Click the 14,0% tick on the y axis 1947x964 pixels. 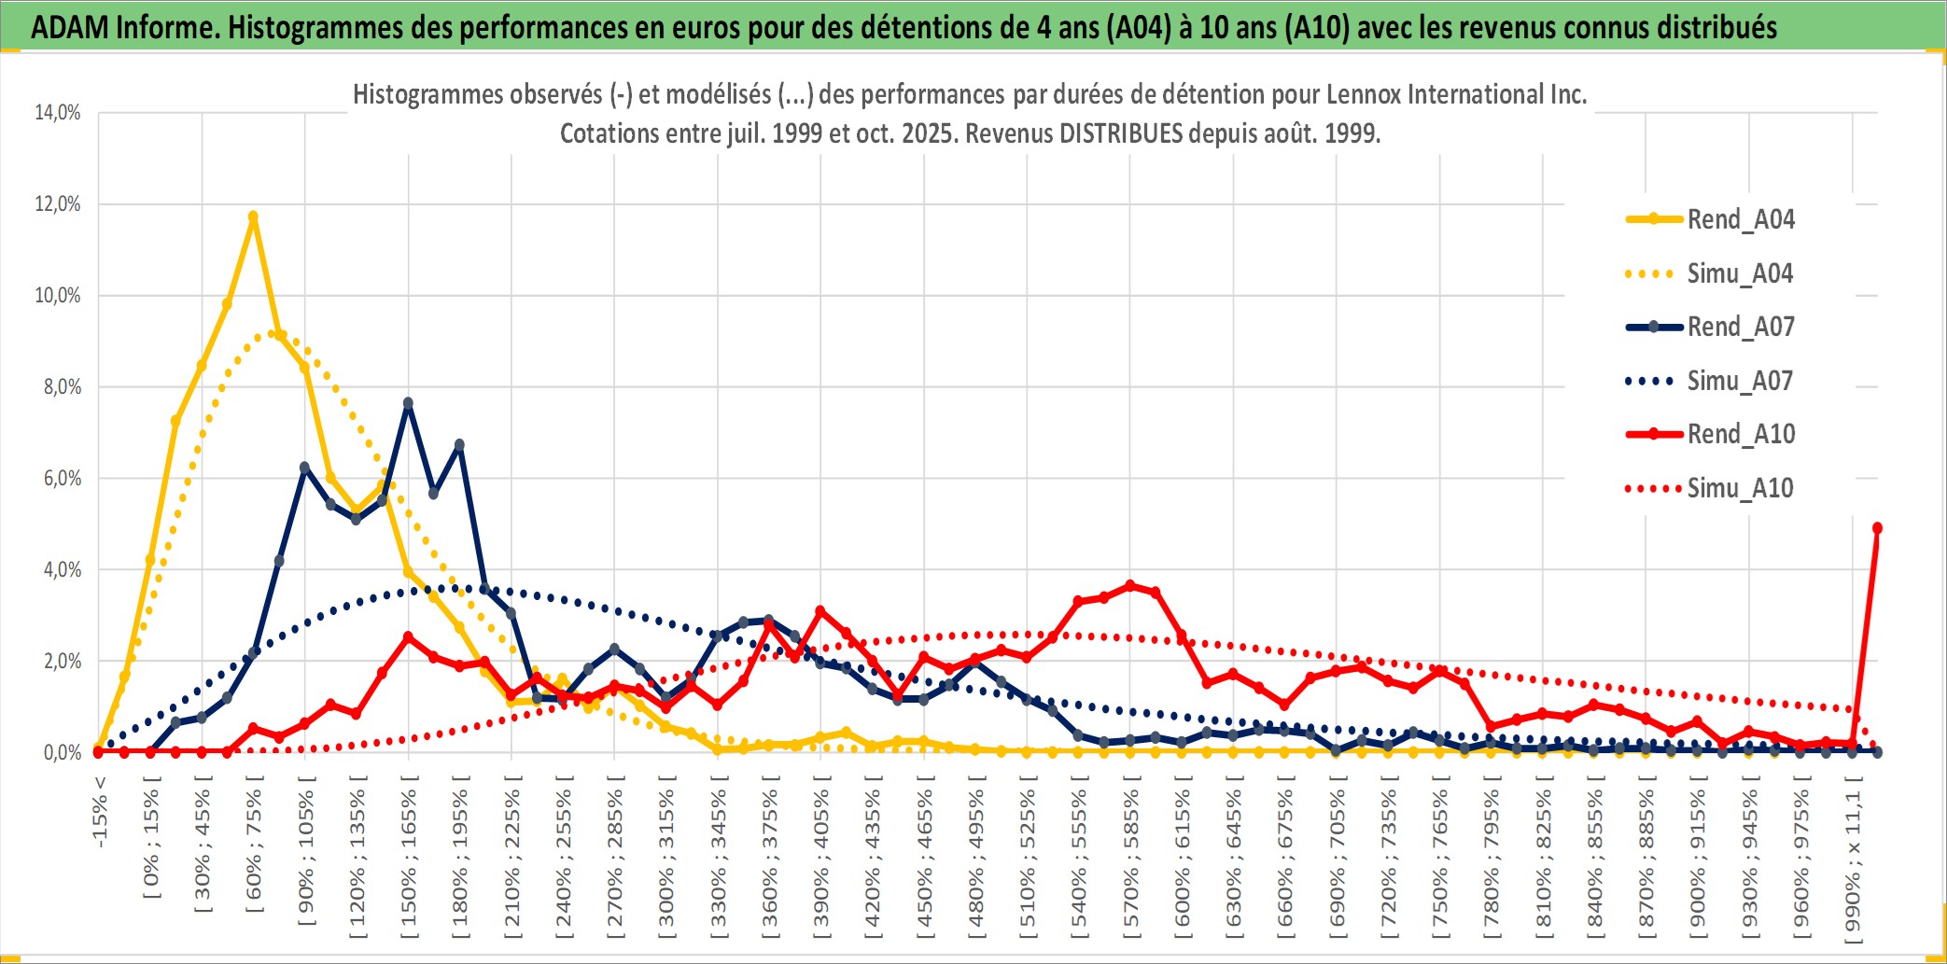coord(58,113)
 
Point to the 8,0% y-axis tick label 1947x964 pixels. coord(62,386)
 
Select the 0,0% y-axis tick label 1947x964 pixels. coord(62,752)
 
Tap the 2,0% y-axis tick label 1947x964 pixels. coord(62,661)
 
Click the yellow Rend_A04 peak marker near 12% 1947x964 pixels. coord(253,217)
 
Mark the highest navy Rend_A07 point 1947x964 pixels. coord(408,403)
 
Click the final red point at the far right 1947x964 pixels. coord(1877,528)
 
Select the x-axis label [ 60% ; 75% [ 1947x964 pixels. coord(254,850)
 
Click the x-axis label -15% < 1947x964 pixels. coord(100,811)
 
